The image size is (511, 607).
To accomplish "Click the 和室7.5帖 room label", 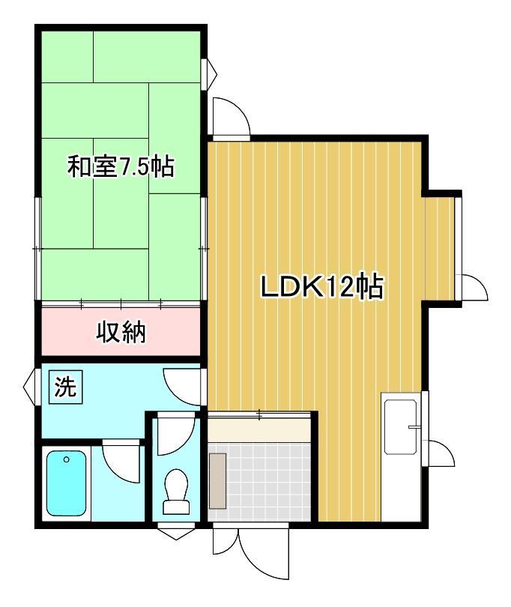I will click(121, 166).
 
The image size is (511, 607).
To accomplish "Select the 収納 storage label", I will click(121, 331).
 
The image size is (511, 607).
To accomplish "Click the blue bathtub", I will click(67, 483).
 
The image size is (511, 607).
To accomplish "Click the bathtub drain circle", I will click(67, 459).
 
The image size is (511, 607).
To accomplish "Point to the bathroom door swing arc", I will click(120, 461).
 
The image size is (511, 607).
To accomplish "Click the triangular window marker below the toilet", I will click(177, 534).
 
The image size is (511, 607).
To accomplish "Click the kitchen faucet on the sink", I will click(413, 426).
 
